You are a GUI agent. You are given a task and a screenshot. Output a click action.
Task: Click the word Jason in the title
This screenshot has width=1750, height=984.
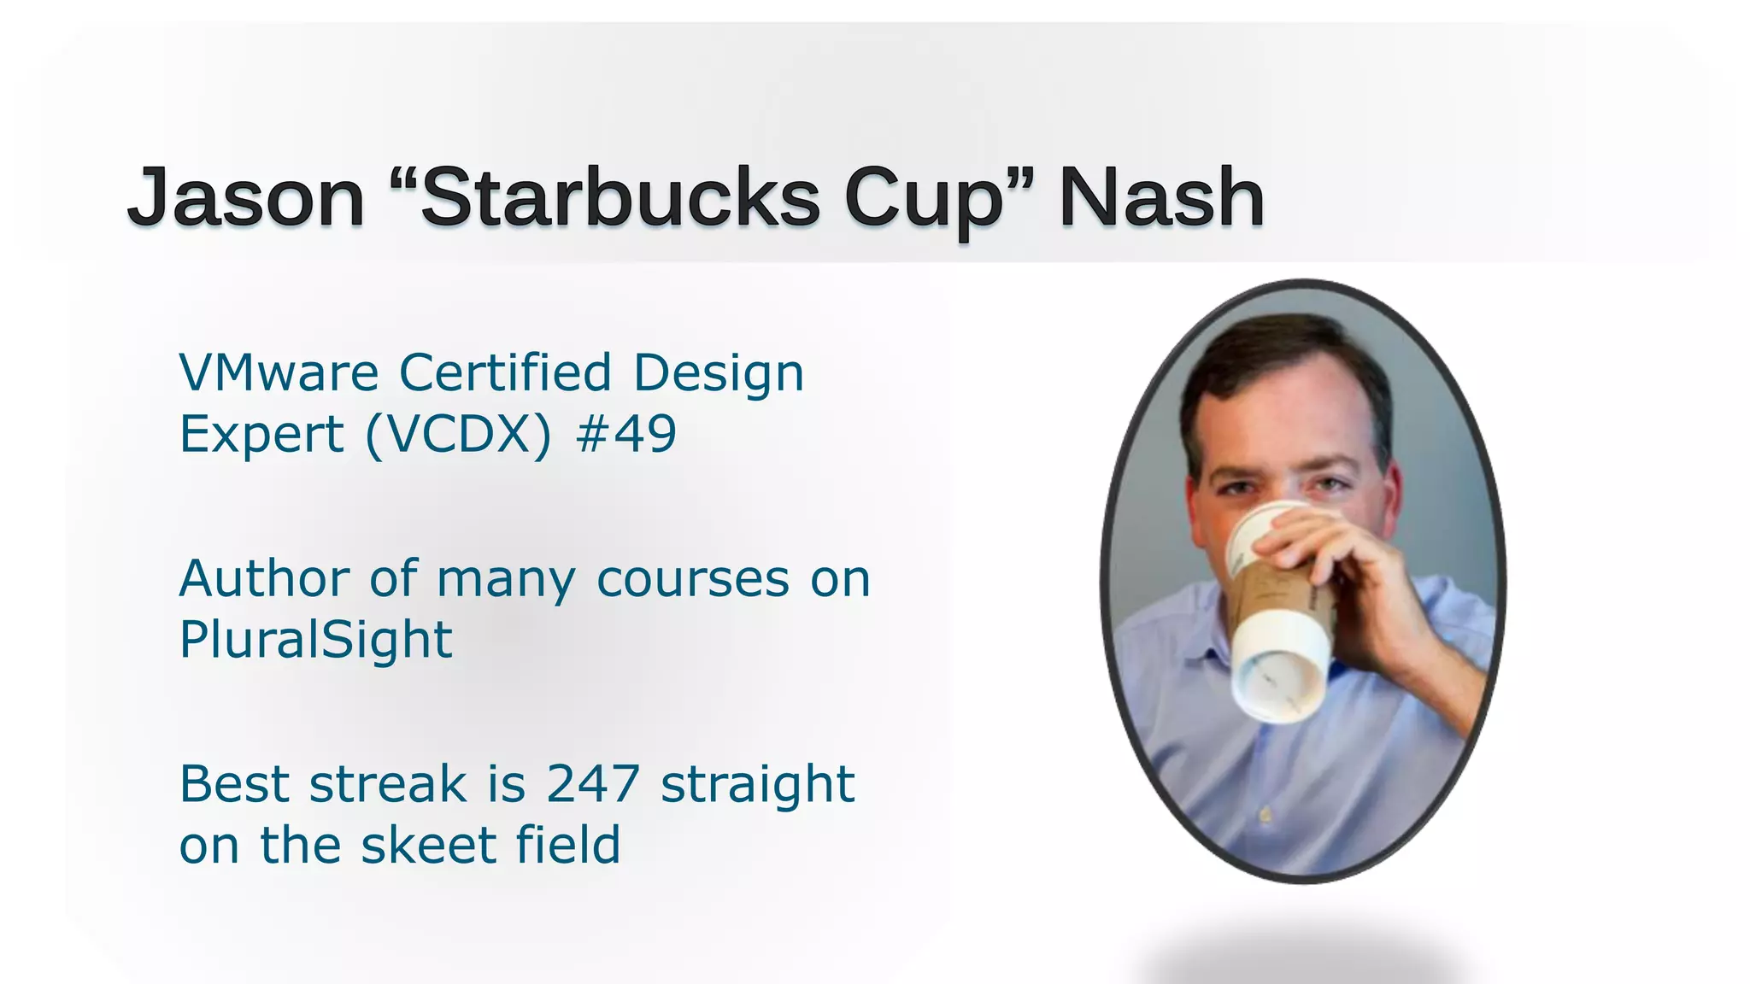coord(246,198)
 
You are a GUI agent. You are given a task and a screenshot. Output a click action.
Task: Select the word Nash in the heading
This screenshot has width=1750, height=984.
coord(1161,198)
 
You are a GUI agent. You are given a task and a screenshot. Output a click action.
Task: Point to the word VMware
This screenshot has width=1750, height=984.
coord(279,373)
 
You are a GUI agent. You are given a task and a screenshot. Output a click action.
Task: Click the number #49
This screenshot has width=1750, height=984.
coord(626,434)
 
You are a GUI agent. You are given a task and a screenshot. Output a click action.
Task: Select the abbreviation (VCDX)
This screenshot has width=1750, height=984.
coord(459,435)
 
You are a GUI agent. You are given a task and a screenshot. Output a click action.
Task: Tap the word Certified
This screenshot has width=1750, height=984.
coord(506,373)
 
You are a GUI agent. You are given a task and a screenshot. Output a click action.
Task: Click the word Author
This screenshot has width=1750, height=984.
coord(264,579)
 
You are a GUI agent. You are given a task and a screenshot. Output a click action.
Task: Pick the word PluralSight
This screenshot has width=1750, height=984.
coord(315,640)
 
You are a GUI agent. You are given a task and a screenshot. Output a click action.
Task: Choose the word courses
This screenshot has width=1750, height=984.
coord(693,579)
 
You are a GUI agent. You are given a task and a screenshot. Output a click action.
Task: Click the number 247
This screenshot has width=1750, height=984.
coord(593,784)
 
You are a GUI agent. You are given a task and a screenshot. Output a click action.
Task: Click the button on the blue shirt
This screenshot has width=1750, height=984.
coord(1266,816)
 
